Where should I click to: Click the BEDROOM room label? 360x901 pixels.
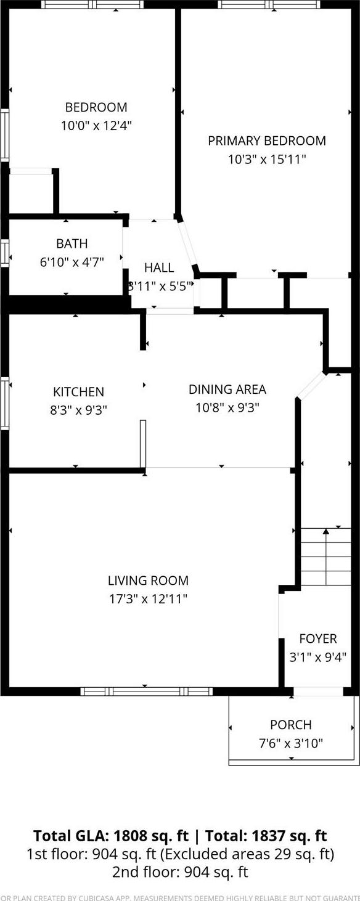[96, 107]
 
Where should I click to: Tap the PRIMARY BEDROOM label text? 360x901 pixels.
[266, 141]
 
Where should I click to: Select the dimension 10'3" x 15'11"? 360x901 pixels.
[266, 159]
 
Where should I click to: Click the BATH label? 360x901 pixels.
[72, 243]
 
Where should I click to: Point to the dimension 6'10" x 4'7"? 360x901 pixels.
[72, 261]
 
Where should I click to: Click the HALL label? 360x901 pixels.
[159, 267]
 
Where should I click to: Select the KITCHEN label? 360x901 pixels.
[78, 391]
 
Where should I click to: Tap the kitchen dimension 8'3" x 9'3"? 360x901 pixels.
[78, 409]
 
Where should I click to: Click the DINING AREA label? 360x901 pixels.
[227, 389]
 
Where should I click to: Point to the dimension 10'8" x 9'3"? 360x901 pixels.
[227, 407]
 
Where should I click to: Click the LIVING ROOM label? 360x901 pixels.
[148, 580]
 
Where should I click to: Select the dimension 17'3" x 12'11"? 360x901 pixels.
[148, 598]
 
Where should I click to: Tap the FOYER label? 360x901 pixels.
[318, 638]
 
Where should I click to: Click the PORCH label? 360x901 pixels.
[290, 725]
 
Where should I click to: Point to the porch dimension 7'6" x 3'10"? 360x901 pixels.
[290, 743]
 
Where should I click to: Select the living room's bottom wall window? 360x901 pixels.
[146, 691]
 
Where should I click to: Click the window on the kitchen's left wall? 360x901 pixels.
[4, 403]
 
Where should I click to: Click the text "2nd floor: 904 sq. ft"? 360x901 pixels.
[179, 871]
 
